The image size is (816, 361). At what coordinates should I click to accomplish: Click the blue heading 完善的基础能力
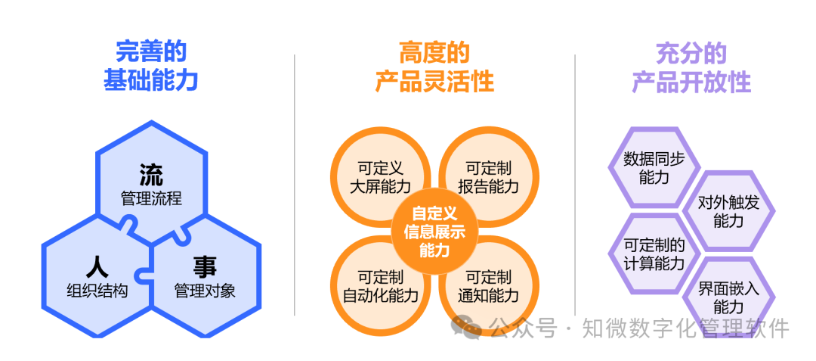(151, 66)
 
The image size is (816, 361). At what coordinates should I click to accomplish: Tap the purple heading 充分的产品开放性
(691, 67)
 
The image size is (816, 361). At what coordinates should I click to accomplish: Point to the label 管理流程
(151, 199)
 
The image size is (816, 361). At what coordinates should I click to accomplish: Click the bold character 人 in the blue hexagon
(97, 266)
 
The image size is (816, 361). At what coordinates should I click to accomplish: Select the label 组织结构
(97, 291)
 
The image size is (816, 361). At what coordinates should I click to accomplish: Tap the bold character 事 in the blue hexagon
(205, 266)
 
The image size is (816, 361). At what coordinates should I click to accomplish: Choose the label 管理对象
(205, 291)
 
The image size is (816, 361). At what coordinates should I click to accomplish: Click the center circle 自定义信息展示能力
(434, 231)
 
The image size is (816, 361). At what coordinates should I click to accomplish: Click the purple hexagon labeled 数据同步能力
(654, 168)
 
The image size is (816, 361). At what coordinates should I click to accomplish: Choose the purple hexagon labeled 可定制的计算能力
(654, 254)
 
